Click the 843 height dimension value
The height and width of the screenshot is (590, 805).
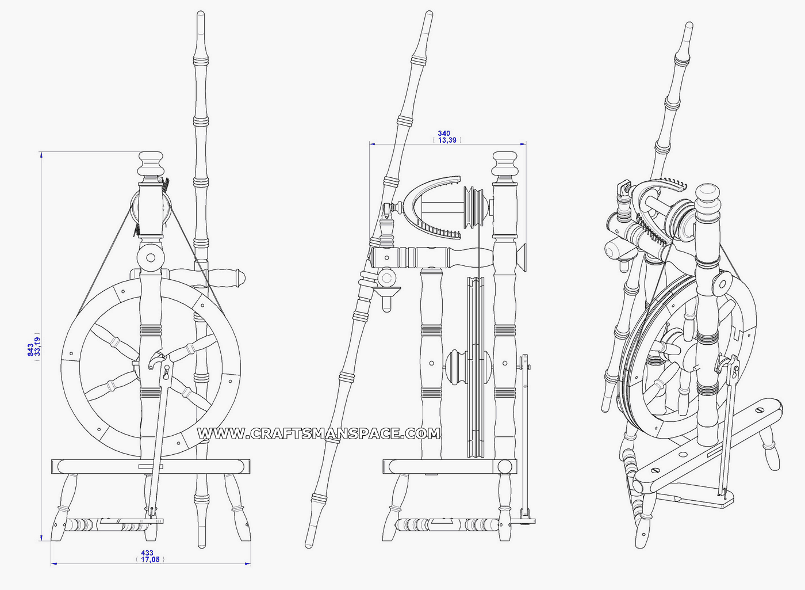click(30, 350)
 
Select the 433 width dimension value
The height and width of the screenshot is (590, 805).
click(147, 553)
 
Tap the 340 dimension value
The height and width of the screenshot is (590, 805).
click(444, 133)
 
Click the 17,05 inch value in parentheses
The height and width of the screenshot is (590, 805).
click(150, 559)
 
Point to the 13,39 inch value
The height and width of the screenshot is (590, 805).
click(447, 140)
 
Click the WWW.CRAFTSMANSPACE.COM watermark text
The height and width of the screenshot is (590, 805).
click(319, 433)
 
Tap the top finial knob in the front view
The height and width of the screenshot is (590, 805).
click(151, 164)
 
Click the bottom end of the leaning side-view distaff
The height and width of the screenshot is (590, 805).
click(309, 543)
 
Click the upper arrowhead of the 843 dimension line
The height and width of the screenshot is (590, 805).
click(41, 154)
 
